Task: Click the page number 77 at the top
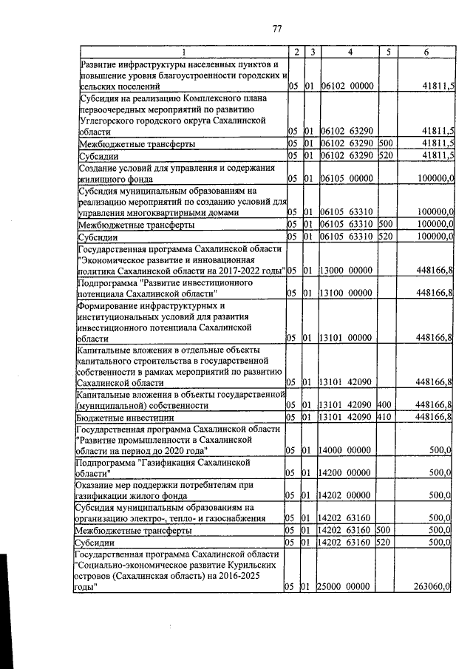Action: click(278, 29)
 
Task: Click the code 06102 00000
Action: click(350, 86)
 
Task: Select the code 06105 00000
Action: click(350, 178)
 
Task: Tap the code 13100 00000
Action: click(348, 293)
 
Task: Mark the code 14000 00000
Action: click(348, 450)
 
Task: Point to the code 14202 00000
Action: click(348, 496)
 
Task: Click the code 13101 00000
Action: click(348, 338)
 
